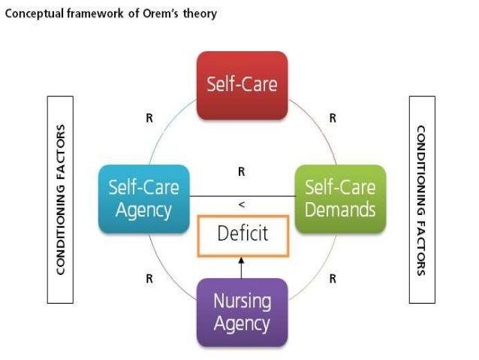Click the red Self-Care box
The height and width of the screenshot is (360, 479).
[242, 85]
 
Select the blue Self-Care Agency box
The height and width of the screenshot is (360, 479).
[143, 198]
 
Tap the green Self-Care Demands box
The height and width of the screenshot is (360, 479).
[340, 198]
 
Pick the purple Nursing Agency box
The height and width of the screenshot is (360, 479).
[242, 312]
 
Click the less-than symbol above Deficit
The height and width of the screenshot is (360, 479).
[242, 204]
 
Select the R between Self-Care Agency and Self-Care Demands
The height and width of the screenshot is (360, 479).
[242, 172]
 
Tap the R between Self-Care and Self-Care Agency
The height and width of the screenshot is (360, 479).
[149, 118]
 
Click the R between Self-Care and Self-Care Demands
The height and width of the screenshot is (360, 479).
[333, 118]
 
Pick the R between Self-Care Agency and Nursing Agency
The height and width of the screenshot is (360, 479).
[149, 279]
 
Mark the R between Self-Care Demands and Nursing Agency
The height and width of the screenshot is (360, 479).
[333, 279]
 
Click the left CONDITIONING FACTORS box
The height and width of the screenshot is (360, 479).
[61, 199]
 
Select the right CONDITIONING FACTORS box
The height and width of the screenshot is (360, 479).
[422, 199]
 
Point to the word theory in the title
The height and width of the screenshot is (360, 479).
[202, 14]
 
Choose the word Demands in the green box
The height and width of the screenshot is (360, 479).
[340, 210]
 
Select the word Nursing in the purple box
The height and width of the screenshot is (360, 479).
[242, 301]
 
